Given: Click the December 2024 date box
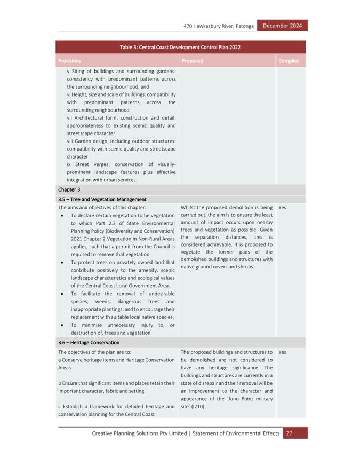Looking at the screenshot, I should (282, 26).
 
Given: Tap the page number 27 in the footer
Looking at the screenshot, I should (289, 433).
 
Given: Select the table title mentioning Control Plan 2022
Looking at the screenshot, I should (180, 47).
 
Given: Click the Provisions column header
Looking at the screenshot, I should (69, 61).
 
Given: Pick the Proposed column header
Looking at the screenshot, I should (192, 61).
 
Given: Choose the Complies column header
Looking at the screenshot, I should (289, 61).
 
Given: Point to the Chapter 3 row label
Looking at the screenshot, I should (69, 189).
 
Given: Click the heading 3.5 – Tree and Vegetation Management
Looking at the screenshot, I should (102, 199).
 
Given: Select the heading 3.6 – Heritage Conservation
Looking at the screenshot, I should (89, 343).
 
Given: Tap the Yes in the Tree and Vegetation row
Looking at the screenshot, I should (282, 207).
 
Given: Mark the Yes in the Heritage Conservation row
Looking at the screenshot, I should (282, 352).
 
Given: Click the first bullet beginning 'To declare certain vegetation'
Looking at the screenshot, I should (62, 215).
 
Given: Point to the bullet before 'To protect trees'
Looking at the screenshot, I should (62, 263).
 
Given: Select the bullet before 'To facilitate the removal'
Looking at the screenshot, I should (62, 294).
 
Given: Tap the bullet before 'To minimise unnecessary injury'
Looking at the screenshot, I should (62, 325).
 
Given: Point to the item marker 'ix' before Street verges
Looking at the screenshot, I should (69, 164).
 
